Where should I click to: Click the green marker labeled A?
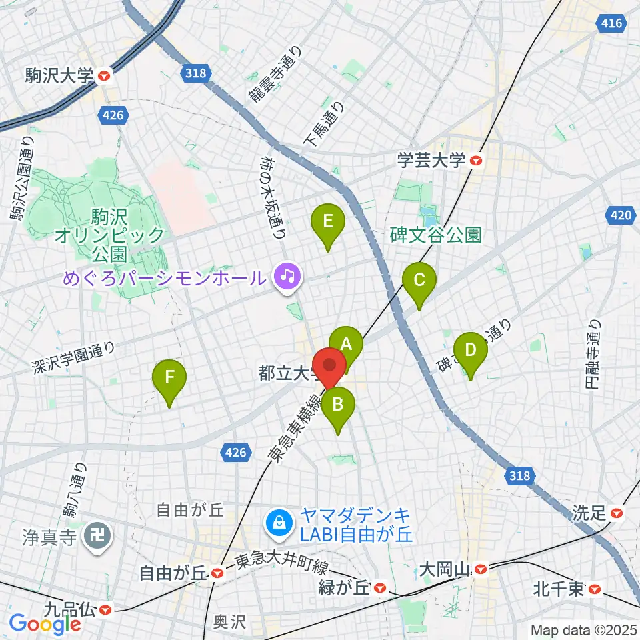346,344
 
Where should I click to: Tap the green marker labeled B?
338,403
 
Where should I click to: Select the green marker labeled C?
419,280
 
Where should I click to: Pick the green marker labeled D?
470,349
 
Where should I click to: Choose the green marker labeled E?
327,221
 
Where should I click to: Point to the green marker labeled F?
169,377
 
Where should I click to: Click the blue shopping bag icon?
277,523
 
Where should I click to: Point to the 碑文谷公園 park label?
436,235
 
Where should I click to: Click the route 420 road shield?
621,215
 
